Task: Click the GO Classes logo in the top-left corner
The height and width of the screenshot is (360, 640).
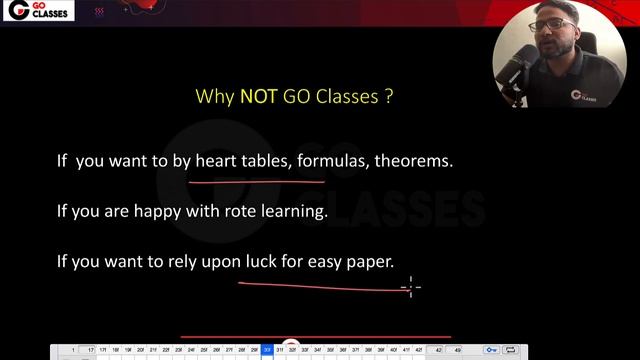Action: coord(27,13)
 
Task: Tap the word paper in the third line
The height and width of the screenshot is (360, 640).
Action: coord(375,262)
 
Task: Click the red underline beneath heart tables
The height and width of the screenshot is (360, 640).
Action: coord(256,182)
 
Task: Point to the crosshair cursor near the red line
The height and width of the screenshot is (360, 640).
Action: coord(410,288)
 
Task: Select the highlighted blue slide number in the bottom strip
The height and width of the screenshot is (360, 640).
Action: coord(267,350)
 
